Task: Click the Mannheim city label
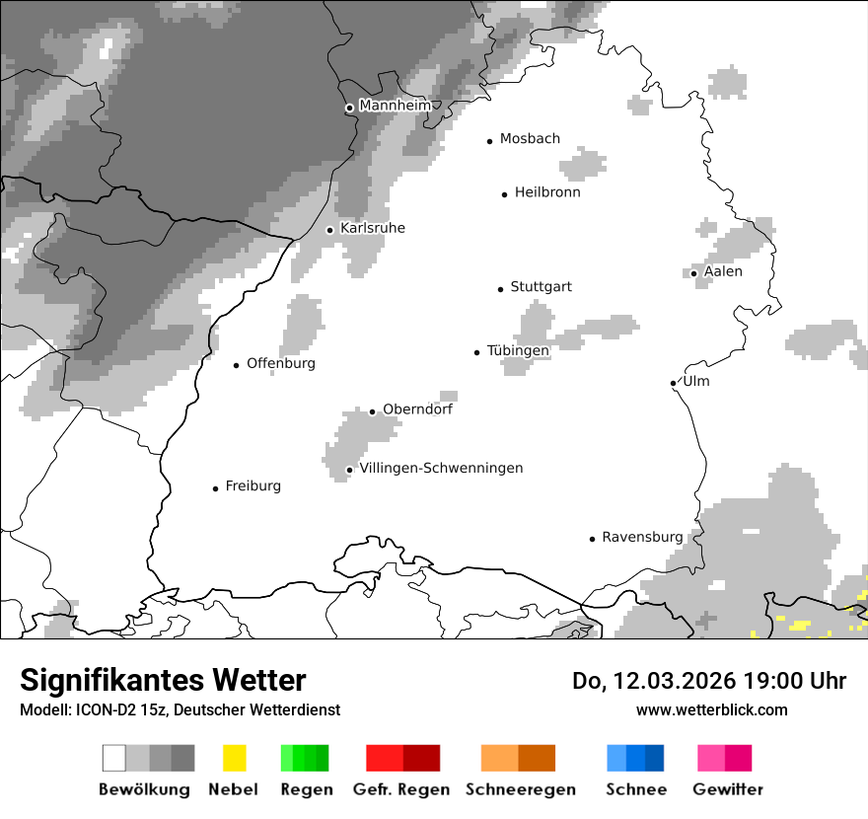(395, 106)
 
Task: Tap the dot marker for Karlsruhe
(330, 230)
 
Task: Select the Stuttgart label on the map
(541, 287)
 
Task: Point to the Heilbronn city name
(547, 192)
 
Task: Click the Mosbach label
(530, 139)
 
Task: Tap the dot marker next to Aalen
(694, 273)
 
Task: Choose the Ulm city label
(695, 382)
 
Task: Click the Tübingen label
(518, 350)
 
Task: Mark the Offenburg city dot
(237, 365)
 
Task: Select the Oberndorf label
(417, 409)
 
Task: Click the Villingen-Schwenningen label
(441, 468)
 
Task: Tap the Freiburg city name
(253, 485)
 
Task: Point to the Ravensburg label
(642, 537)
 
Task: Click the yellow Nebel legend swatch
(234, 758)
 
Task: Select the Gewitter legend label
(728, 789)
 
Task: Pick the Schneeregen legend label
(521, 789)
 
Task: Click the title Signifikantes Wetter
(163, 680)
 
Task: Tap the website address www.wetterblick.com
(711, 709)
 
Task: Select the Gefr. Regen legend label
(401, 789)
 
